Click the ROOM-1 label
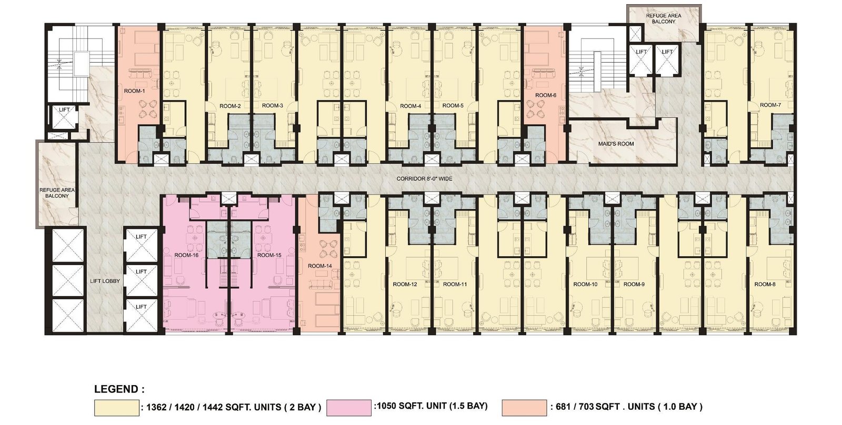click(135, 91)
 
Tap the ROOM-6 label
click(545, 95)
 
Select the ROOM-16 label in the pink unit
click(186, 255)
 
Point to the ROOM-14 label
click(320, 266)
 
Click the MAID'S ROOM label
click(616, 144)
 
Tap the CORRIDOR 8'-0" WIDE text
click(424, 179)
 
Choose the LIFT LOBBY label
click(105, 281)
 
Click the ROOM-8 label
click(765, 285)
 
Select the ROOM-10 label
click(585, 285)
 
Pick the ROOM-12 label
click(405, 285)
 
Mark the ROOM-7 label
click(770, 105)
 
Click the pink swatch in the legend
click(349, 408)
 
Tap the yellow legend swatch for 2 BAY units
click(116, 408)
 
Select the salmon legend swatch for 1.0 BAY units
click(524, 408)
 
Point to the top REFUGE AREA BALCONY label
click(664, 19)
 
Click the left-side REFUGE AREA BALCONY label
click(57, 193)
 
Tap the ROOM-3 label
click(273, 106)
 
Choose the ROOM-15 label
click(269, 255)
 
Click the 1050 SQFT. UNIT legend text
click(431, 406)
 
